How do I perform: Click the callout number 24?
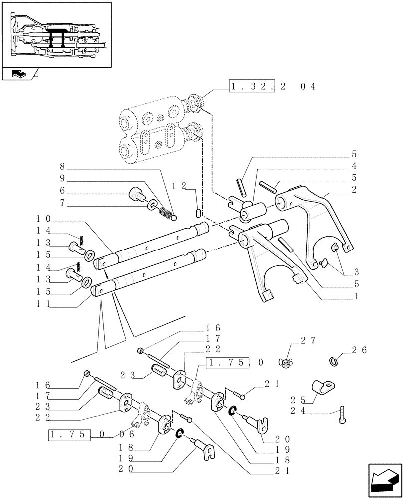point(298,412)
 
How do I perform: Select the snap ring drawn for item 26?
point(335,359)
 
